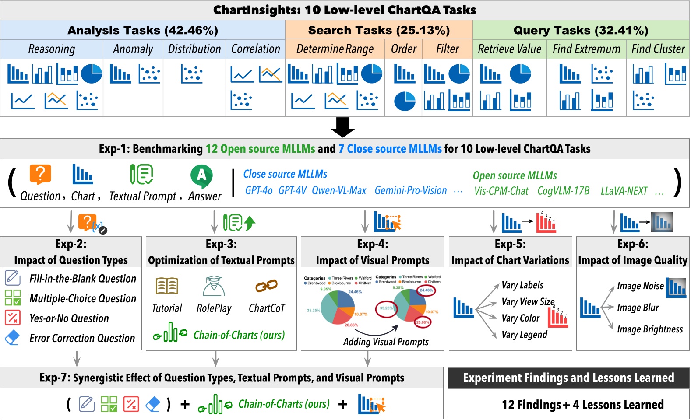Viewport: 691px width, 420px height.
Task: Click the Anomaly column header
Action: tap(133, 49)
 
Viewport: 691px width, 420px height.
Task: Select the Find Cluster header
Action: tap(658, 49)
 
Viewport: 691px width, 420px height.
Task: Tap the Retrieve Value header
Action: tap(509, 49)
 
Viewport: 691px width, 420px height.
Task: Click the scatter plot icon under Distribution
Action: tap(192, 74)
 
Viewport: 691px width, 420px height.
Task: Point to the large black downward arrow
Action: tap(342, 127)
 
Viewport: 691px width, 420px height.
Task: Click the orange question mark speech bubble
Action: tap(40, 175)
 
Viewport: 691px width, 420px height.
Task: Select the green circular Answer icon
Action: tap(201, 175)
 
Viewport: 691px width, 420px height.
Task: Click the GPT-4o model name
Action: tap(259, 191)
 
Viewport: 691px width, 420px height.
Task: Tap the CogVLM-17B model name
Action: tap(563, 191)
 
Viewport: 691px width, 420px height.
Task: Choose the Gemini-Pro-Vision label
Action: tap(410, 191)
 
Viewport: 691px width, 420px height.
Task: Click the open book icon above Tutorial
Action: tap(167, 286)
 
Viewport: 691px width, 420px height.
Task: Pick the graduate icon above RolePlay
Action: tap(214, 286)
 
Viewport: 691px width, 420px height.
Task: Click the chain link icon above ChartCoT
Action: tap(266, 286)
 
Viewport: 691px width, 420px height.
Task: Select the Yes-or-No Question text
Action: tap(69, 318)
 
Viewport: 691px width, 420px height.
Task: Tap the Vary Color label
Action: tap(520, 318)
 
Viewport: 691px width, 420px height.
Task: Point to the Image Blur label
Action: tap(638, 308)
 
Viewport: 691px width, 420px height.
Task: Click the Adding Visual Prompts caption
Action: tap(386, 342)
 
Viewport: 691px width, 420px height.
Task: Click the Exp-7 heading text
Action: tap(222, 378)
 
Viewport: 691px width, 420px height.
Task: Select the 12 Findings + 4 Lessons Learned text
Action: tap(582, 405)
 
